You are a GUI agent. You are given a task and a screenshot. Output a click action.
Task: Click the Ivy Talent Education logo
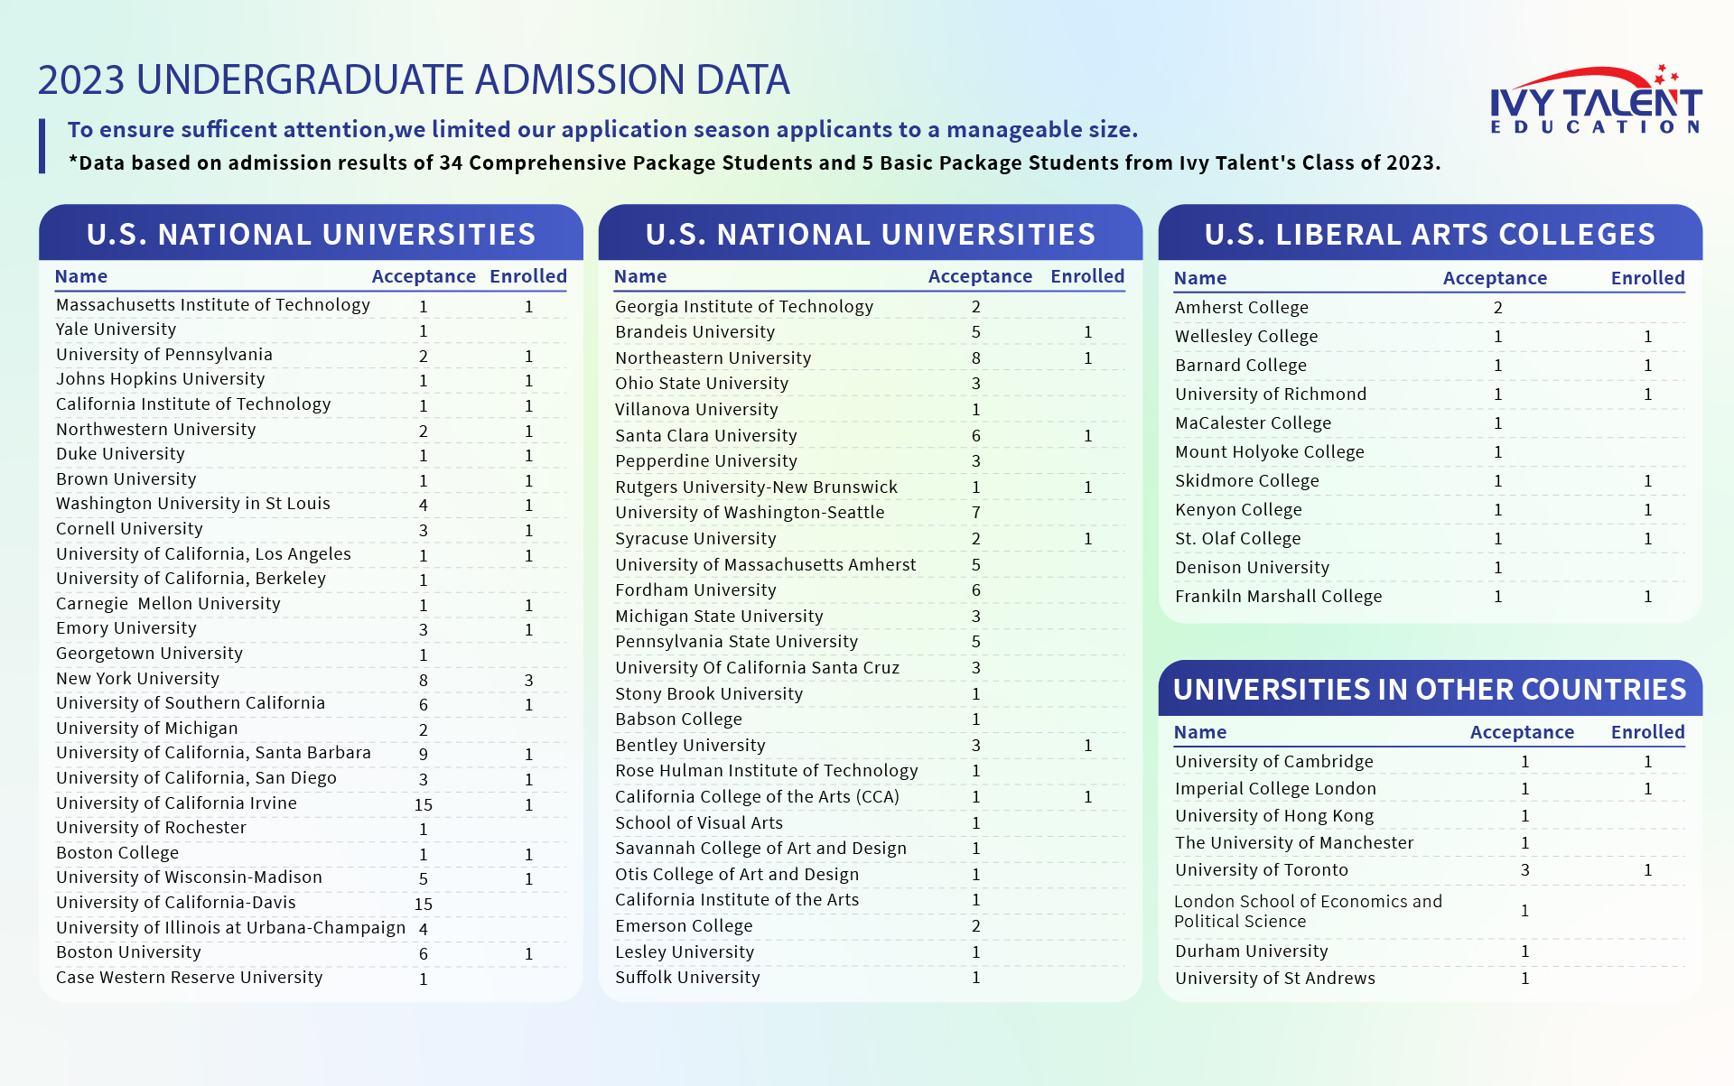point(1595,101)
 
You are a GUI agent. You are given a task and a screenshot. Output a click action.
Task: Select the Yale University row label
point(116,330)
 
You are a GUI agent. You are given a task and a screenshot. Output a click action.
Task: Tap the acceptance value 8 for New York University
point(424,680)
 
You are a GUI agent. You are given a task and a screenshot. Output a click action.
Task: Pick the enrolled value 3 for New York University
point(528,680)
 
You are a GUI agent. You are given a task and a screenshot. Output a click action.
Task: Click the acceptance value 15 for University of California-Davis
point(424,904)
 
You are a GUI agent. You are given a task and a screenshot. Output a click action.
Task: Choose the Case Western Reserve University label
point(189,978)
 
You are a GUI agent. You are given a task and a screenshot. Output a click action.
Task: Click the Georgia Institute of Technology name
point(744,307)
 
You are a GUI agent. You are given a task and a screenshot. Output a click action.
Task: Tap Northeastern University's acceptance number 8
point(976,358)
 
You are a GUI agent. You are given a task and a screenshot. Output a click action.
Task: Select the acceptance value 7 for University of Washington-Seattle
point(976,513)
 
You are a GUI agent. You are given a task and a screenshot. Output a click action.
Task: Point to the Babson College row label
point(678,719)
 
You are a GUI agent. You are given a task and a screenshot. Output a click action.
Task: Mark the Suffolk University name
point(687,978)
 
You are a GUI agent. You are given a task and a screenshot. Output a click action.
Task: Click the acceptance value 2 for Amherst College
point(1498,308)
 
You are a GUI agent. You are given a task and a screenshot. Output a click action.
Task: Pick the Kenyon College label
point(1238,510)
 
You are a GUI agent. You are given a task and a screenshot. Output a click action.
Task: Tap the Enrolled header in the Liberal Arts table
point(1647,278)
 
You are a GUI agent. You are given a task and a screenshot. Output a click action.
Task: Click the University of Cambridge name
point(1273,762)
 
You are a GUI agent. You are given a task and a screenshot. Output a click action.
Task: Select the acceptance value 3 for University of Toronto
point(1525,870)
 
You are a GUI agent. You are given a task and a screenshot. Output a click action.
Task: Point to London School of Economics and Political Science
point(1308,911)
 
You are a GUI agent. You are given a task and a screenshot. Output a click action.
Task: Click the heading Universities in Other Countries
point(1430,690)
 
